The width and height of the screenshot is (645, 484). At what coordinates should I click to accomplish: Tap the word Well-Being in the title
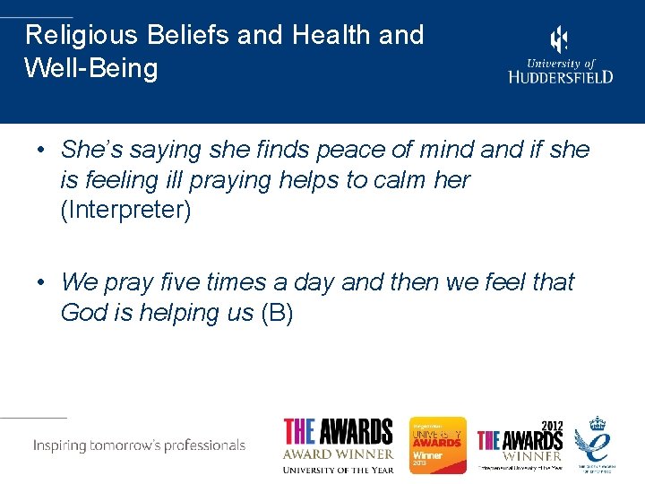pos(91,68)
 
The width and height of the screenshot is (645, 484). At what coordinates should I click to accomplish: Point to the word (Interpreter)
pos(125,213)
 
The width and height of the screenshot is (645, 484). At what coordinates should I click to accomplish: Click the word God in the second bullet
pos(85,314)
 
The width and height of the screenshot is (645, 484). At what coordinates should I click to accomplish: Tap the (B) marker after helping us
pos(277,314)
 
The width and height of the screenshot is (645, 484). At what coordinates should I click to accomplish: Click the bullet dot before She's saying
pos(41,150)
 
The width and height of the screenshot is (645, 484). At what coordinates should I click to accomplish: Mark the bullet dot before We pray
pos(41,283)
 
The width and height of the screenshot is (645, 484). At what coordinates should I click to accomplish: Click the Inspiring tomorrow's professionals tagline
pos(139,445)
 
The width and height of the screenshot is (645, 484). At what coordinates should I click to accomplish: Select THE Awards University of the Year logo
pos(338,445)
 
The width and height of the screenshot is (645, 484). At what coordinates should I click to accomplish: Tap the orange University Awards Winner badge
pos(437,445)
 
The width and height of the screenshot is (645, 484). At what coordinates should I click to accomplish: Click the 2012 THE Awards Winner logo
pos(520,445)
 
